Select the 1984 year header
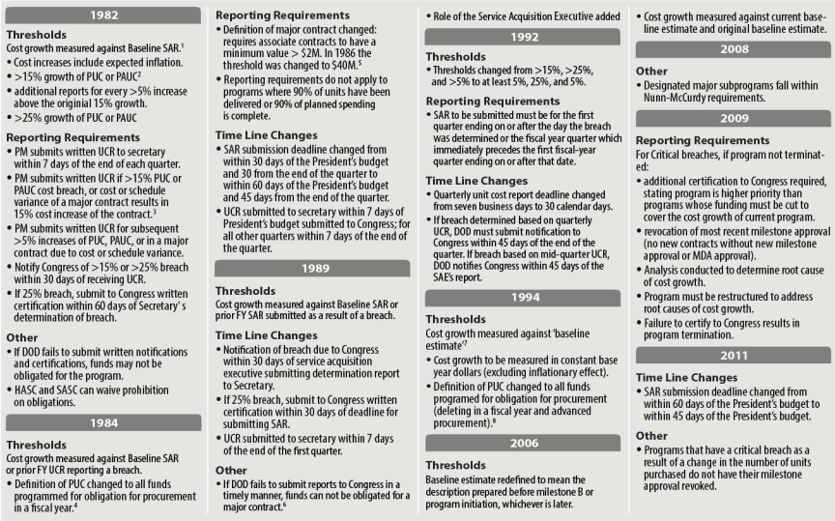(104, 421)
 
